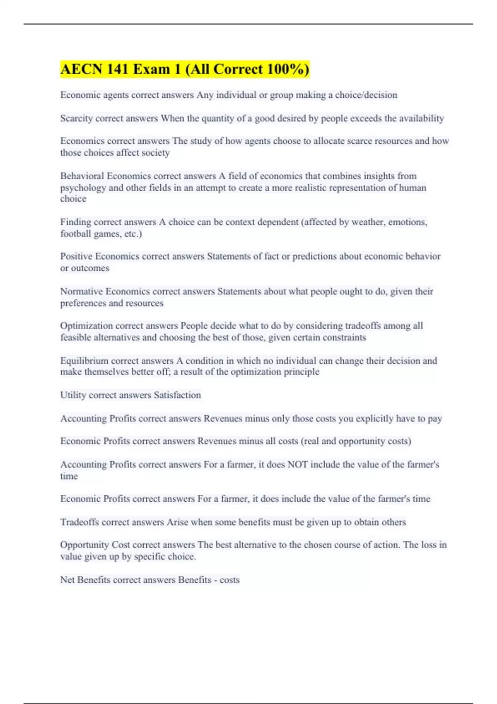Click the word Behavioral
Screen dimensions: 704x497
coord(82,176)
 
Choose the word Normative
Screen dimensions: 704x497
coord(81,292)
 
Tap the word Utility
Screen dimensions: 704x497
coord(73,395)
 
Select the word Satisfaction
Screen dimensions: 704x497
coord(177,395)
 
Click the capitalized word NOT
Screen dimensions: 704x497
coord(297,465)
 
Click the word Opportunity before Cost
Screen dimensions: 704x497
coord(84,545)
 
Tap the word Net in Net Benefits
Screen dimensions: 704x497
coord(67,580)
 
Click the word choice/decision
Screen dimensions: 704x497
coord(366,95)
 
